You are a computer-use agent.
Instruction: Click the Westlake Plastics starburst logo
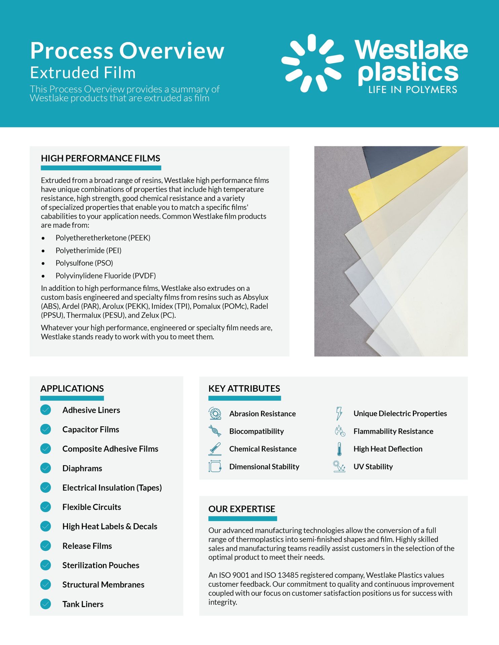pos(313,63)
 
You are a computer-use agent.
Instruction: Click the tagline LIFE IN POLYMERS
pos(413,90)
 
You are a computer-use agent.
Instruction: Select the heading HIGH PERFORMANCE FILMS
pos(101,158)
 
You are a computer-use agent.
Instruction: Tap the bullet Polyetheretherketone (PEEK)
pos(103,238)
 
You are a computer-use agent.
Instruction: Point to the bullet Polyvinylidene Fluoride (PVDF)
pos(106,276)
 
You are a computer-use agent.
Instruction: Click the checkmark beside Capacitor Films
pos(45,429)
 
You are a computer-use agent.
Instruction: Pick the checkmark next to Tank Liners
pos(45,604)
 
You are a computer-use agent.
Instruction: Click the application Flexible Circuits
pos(91,507)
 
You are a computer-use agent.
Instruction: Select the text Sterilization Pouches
pos(101,565)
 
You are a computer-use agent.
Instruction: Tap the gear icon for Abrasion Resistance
pos(215,413)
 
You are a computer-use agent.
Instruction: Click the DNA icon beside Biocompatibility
pos(215,431)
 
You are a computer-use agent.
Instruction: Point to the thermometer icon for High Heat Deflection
pos(339,449)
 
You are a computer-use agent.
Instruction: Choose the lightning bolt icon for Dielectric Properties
pos(339,413)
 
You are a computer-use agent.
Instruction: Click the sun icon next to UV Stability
pos(339,466)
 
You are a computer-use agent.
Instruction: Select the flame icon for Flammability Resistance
pos(340,431)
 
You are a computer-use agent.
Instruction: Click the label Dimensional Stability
pos(264,467)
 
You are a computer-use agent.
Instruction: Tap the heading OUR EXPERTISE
pos(242,509)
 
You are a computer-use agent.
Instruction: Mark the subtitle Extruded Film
pos(83,73)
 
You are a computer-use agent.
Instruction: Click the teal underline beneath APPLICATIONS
pos(72,398)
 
